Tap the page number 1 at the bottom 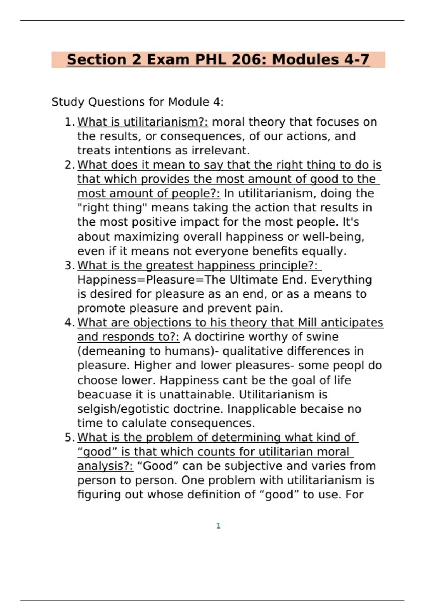click(218, 526)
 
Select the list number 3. click(69, 266)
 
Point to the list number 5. click(69, 438)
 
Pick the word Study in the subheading click(68, 102)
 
